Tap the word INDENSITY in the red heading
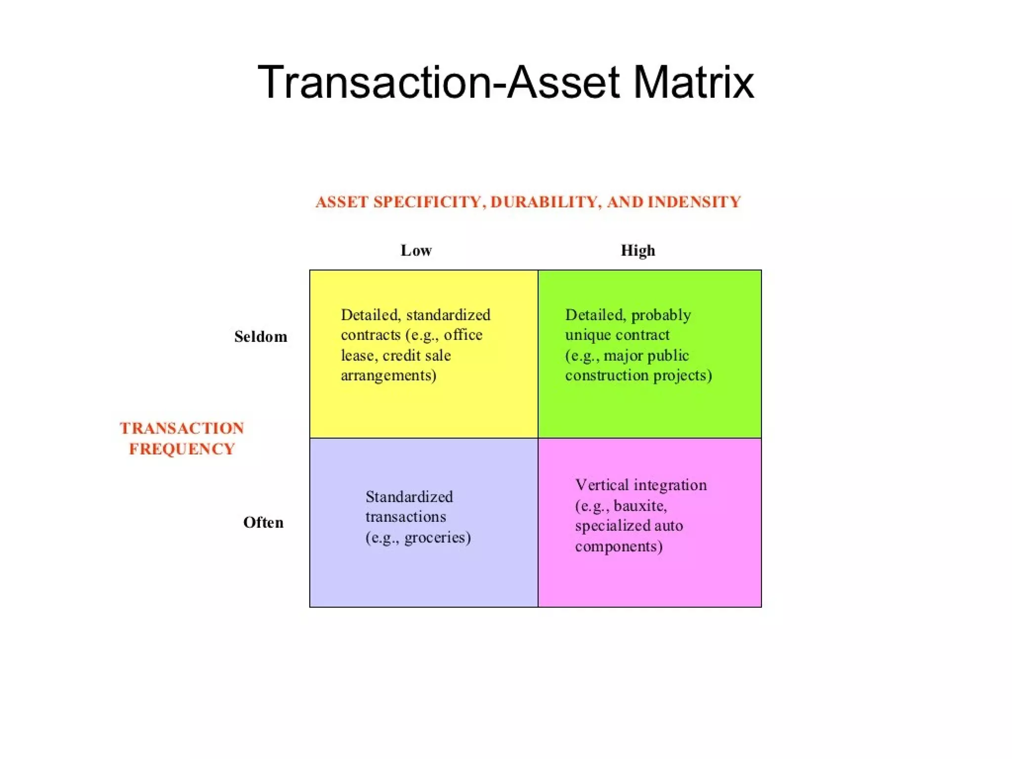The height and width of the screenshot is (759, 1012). (694, 202)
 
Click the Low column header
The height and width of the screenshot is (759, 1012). (416, 251)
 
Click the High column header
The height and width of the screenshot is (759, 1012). (638, 251)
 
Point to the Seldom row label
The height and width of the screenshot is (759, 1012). (260, 337)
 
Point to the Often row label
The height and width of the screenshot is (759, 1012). (263, 523)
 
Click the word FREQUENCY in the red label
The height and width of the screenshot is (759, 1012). (182, 449)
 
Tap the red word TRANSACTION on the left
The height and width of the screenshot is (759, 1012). (182, 428)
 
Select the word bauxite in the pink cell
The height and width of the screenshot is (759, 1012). (640, 506)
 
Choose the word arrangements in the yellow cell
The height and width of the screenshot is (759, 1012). (388, 376)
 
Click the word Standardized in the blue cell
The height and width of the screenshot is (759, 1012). (409, 497)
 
